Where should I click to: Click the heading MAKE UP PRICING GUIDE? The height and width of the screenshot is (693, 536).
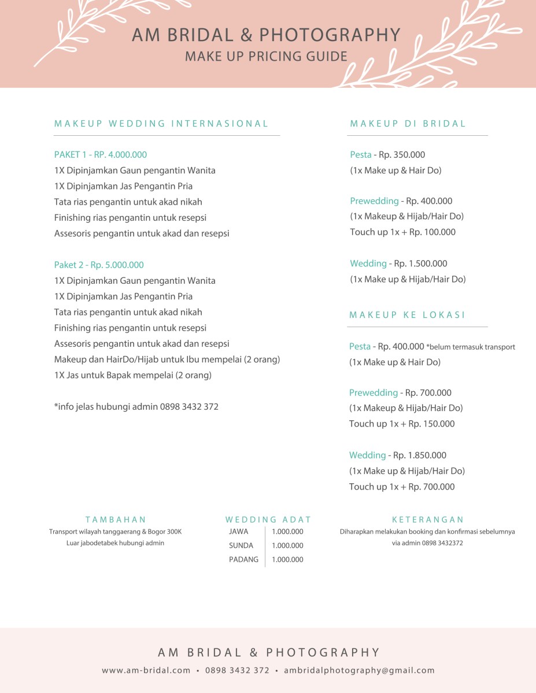266,57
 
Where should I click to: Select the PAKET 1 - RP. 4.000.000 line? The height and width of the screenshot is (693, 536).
101,155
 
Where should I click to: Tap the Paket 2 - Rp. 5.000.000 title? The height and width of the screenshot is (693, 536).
99,265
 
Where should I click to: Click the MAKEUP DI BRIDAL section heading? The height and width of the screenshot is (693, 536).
408,124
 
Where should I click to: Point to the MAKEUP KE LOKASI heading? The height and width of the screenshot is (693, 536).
408,315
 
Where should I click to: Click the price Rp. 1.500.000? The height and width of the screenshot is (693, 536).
420,264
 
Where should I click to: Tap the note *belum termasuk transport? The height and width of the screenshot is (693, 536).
471,347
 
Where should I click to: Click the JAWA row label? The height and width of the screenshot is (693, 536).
239,532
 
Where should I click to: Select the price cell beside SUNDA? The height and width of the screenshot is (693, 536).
287,546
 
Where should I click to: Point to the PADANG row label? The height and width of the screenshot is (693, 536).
243,559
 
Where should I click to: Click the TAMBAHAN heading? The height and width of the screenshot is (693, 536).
116,520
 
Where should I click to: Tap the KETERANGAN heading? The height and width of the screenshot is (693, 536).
428,520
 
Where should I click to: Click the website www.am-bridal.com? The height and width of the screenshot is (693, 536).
146,670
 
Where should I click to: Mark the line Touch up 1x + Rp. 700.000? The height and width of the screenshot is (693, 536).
402,487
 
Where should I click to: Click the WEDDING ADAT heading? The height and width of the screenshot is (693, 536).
268,520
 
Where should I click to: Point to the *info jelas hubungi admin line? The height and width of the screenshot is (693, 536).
136,407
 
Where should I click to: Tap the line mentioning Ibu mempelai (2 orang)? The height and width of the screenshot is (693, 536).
167,360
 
